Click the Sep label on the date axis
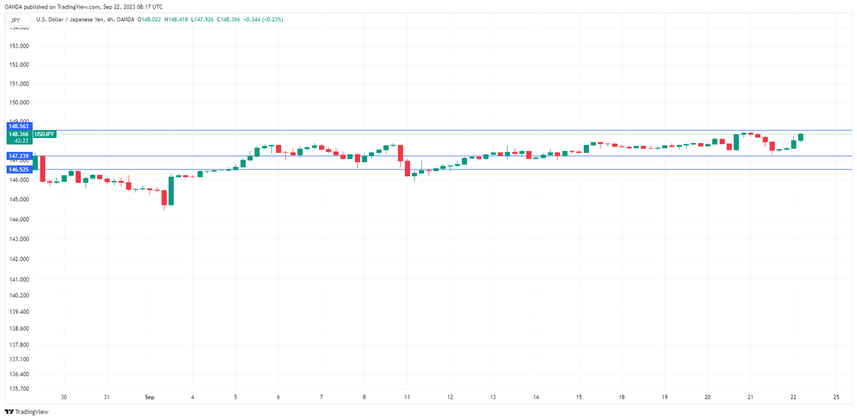point(150,397)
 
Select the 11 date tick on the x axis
point(406,397)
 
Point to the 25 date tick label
point(836,397)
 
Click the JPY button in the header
point(15,20)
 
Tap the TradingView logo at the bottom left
point(27,412)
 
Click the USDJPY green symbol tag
point(44,133)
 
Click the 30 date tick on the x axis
point(64,397)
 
